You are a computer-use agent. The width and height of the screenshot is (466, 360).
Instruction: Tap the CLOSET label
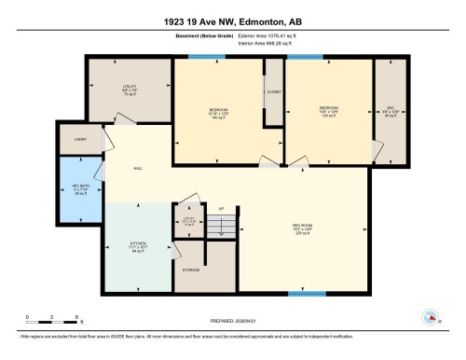274,92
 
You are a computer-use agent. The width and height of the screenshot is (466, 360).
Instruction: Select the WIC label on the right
391,107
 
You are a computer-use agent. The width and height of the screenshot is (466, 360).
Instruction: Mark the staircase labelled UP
220,225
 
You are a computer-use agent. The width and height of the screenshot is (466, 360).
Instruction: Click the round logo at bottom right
430,317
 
